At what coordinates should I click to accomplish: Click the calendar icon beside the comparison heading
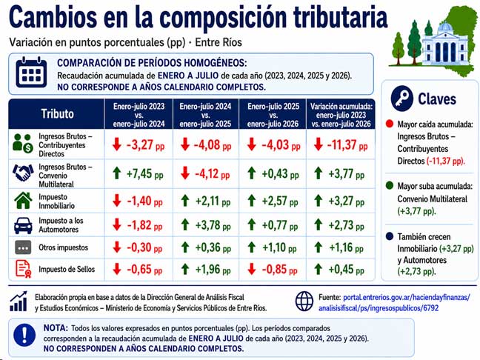click(x=31, y=72)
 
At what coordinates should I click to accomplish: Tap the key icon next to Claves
click(x=401, y=99)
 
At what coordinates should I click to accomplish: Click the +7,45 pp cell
click(x=144, y=174)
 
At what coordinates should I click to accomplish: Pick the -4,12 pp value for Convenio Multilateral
click(x=212, y=174)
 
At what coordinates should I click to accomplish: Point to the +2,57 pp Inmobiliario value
click(x=280, y=201)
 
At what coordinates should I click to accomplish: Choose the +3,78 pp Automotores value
click(x=213, y=225)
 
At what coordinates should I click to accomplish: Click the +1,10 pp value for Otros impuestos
click(x=279, y=247)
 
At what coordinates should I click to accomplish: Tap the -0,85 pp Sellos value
click(x=279, y=270)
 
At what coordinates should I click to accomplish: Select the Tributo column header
click(x=57, y=114)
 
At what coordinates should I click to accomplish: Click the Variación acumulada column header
click(x=341, y=115)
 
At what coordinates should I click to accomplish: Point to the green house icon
click(x=23, y=201)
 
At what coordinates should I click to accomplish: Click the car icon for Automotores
click(x=23, y=226)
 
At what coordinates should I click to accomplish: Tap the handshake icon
click(x=23, y=173)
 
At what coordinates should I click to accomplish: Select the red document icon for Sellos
click(x=23, y=269)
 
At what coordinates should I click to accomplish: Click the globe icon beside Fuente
click(x=304, y=301)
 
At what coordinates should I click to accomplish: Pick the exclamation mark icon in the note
click(x=24, y=336)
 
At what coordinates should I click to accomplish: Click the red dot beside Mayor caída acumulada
click(x=390, y=124)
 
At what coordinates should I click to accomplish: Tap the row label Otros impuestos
click(x=64, y=247)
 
